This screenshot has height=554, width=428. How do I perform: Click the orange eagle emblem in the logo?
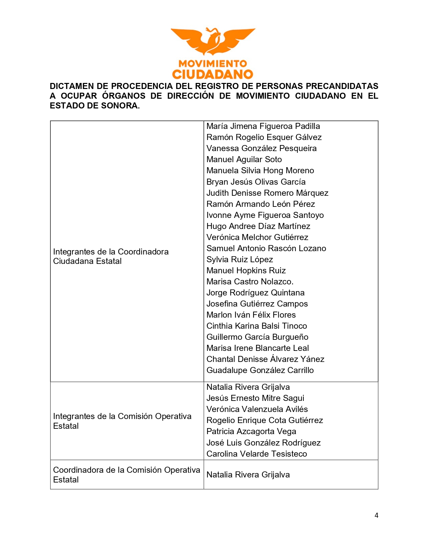click(213, 41)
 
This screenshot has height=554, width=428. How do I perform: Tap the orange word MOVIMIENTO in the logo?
click(213, 63)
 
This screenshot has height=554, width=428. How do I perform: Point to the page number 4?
click(376, 515)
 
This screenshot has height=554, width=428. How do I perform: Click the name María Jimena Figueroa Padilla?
click(263, 126)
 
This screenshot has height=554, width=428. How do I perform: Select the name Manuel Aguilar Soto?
click(244, 159)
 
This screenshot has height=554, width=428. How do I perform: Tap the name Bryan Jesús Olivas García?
click(256, 182)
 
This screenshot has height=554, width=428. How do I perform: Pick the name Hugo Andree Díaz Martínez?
click(258, 226)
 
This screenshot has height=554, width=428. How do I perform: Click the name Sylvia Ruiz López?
click(240, 260)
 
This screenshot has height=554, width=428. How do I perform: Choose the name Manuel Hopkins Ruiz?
click(246, 271)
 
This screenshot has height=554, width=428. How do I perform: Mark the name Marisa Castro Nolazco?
click(250, 282)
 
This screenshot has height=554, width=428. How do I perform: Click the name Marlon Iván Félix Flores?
click(251, 315)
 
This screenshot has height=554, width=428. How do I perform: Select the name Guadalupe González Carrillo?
click(260, 370)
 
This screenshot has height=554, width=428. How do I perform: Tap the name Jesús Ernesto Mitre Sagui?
click(255, 398)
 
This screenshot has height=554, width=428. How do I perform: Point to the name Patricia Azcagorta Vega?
click(251, 431)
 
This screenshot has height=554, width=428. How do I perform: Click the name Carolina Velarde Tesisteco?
click(257, 454)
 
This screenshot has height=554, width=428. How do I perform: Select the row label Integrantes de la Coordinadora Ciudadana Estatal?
click(111, 257)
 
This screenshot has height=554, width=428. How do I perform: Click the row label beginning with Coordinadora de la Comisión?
click(127, 475)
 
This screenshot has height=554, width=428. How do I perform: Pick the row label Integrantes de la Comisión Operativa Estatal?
click(122, 421)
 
